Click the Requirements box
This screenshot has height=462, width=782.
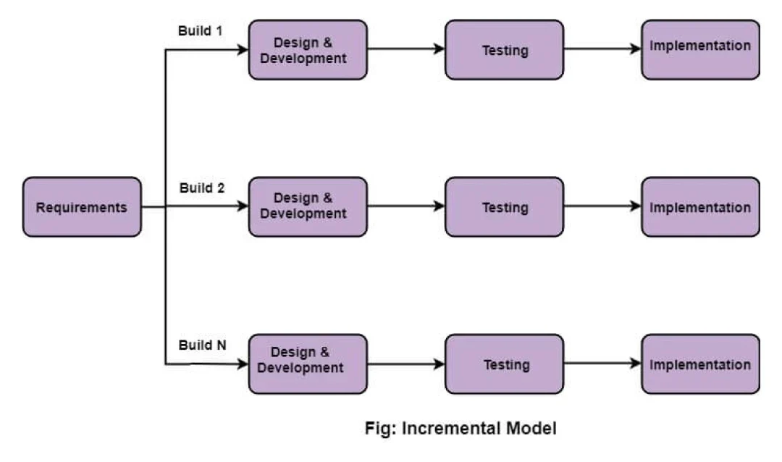[82, 207]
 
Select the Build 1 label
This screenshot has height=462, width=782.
[201, 31]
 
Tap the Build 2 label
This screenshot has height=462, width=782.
[202, 188]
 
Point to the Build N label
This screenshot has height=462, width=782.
[202, 345]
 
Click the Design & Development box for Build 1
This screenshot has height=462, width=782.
[308, 50]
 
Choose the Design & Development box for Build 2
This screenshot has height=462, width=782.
[308, 207]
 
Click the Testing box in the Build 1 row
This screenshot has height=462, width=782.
[504, 50]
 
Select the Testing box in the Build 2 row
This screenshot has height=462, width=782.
[504, 207]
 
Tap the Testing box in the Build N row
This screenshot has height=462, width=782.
[504, 364]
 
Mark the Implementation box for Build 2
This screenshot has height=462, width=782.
[700, 207]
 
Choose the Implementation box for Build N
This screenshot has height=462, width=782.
[700, 364]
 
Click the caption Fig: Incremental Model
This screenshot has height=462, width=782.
[461, 429]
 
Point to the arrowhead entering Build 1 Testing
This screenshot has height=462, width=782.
[439, 49]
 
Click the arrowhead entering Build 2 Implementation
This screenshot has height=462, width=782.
[636, 206]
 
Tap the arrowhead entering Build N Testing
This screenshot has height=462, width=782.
[439, 364]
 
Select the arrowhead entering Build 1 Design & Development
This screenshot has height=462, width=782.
[243, 49]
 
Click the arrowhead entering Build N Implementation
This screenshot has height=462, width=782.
[636, 364]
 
